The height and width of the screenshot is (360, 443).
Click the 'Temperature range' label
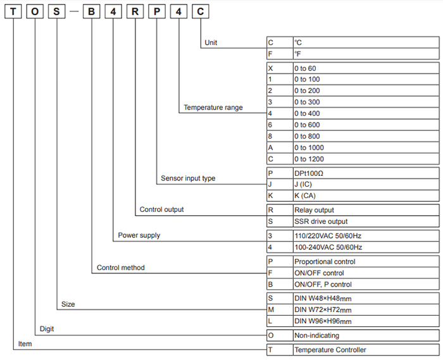(213, 108)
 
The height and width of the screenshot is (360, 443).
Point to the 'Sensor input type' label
(188, 178)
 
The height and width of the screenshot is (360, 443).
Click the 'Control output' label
(162, 209)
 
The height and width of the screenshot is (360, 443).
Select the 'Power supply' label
(139, 235)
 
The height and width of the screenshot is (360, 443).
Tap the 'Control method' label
(120, 268)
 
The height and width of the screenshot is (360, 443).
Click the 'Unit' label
(211, 44)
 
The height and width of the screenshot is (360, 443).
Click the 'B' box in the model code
(92, 13)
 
